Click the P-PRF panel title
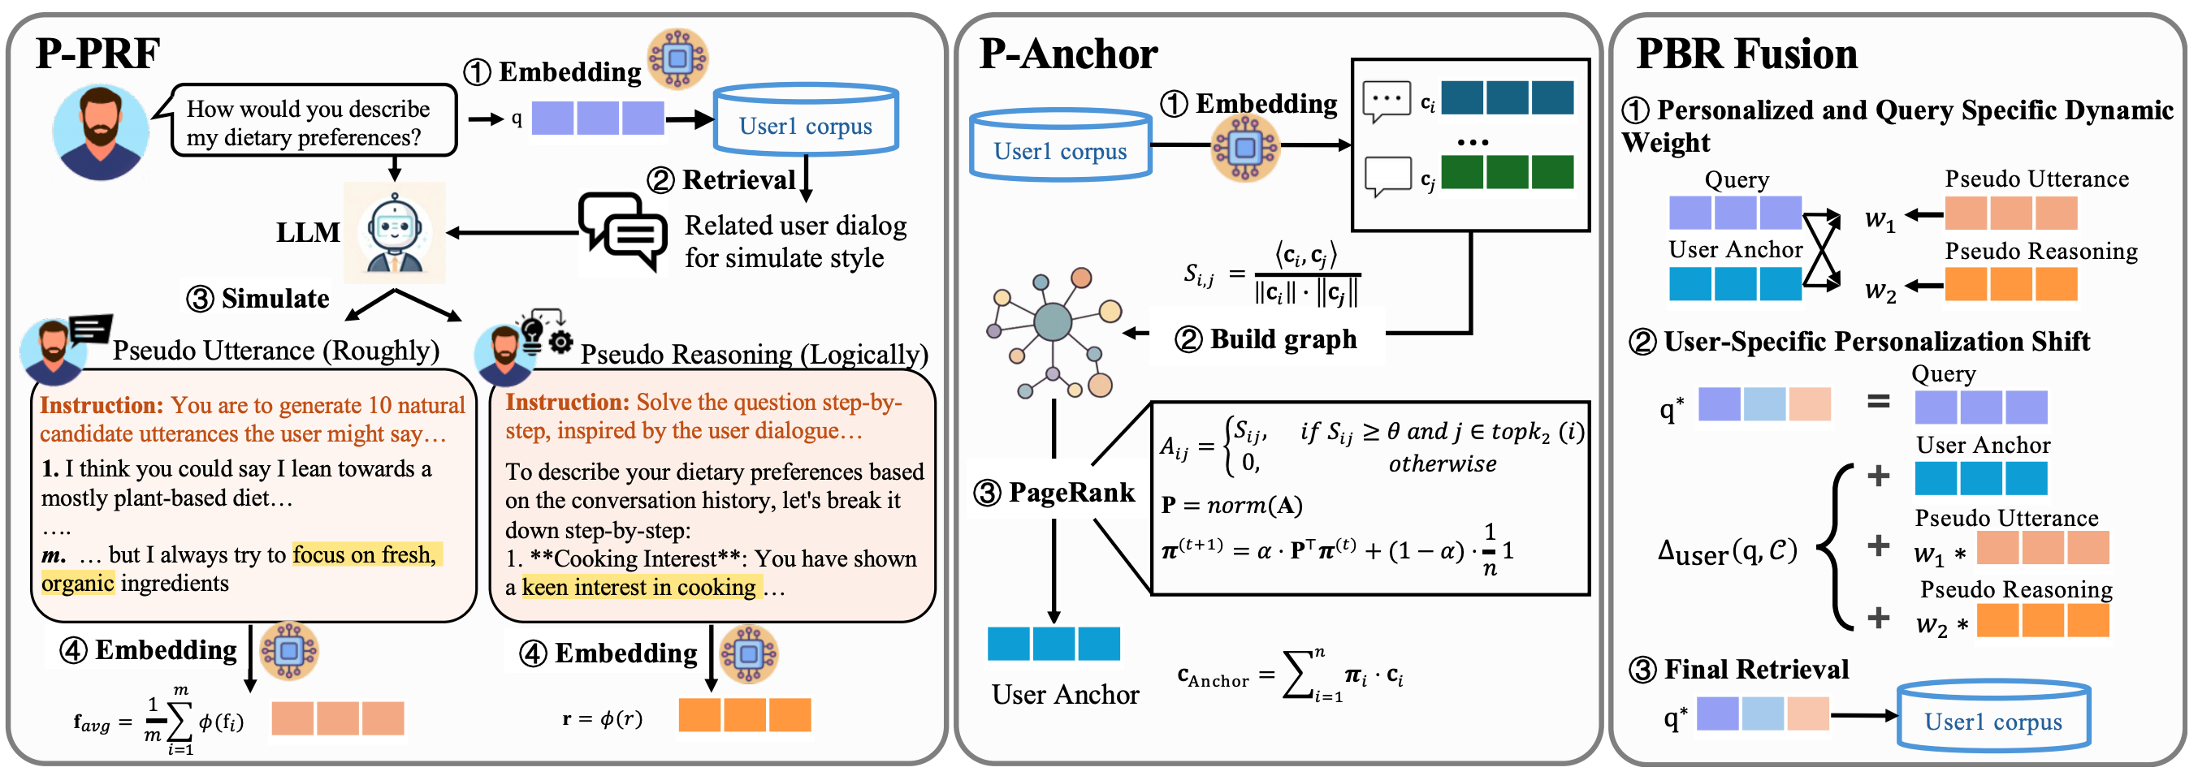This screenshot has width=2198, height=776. tap(97, 53)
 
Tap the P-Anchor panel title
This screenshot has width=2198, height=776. tap(1067, 54)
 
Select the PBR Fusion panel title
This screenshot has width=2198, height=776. tap(1746, 54)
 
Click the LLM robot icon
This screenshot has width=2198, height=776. tap(395, 232)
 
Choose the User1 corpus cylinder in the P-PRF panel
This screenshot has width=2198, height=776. tap(805, 121)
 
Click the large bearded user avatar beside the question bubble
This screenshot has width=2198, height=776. tap(101, 132)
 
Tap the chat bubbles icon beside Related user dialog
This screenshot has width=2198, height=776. tap(623, 231)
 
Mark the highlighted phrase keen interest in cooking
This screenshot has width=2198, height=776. tap(638, 587)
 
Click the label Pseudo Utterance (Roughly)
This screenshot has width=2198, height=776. tap(275, 351)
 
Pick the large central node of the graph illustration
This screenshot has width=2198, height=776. tap(1052, 322)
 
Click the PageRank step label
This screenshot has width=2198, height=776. tap(1054, 492)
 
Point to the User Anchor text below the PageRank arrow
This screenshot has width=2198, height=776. tap(1065, 694)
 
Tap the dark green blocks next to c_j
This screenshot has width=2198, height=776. tap(1506, 172)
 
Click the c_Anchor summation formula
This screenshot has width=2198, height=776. tap(1289, 676)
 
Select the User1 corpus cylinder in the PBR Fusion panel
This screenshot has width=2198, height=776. tap(1992, 718)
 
